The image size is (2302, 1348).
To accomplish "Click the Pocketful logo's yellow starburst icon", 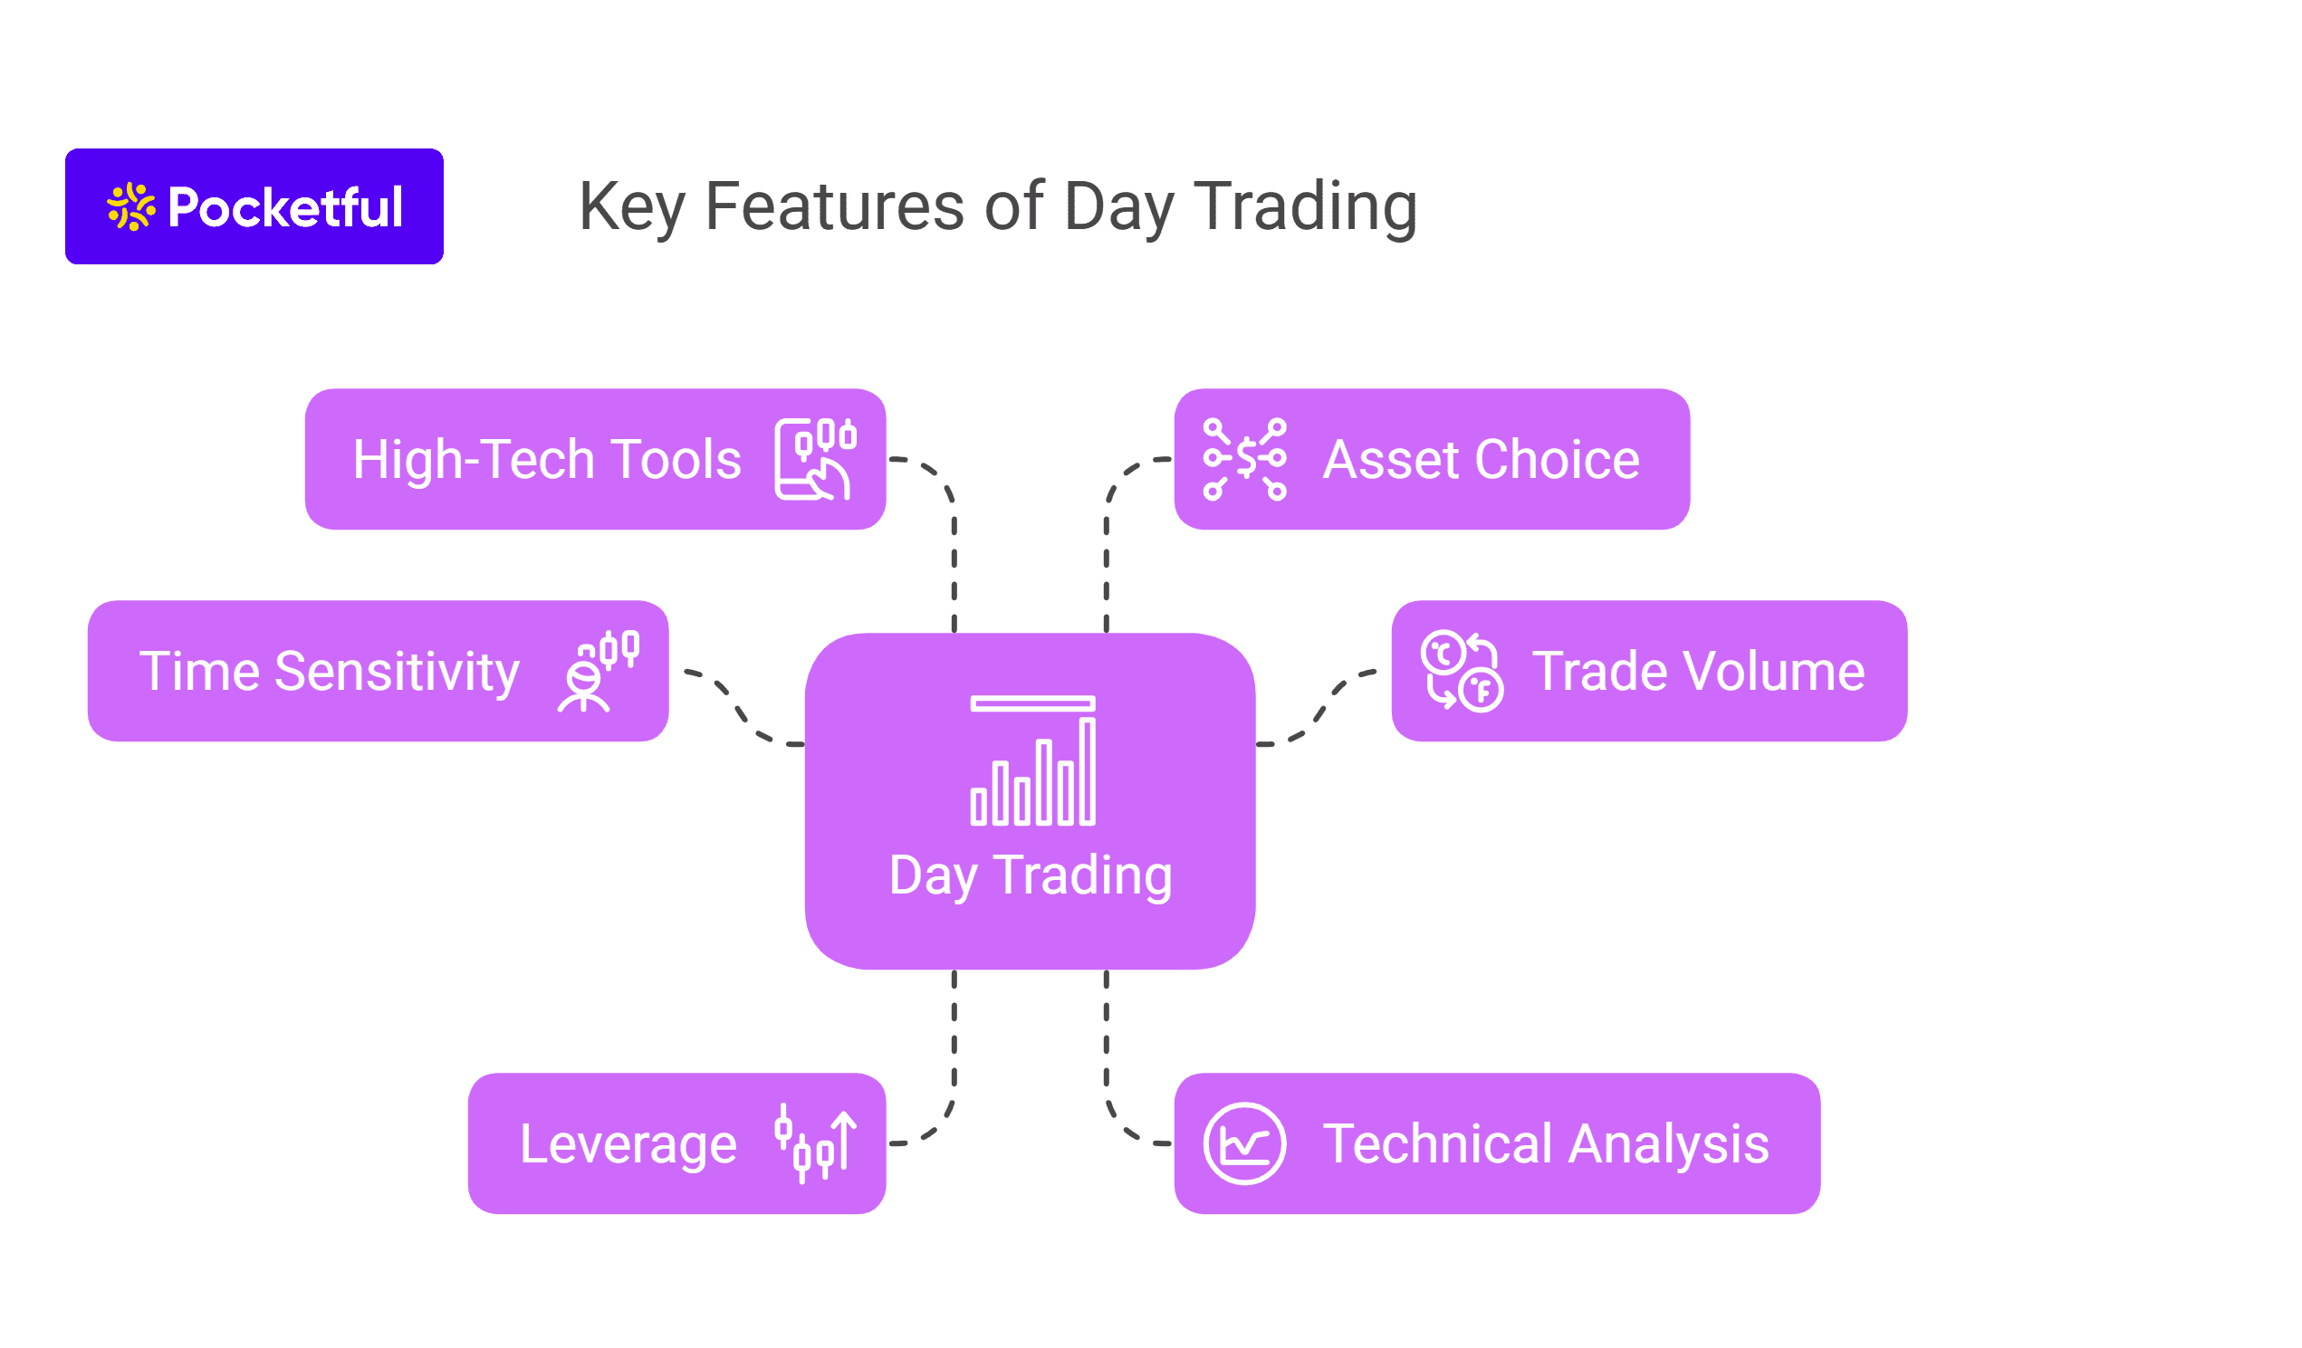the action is [x=131, y=207].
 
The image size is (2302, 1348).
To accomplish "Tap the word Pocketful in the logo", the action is [x=286, y=207].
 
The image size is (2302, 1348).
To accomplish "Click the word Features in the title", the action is [x=835, y=206].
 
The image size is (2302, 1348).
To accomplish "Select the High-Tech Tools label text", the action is [x=546, y=459].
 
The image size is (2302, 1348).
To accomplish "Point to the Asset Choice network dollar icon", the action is [x=1245, y=459].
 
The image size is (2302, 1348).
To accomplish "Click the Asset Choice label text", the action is [x=1481, y=459].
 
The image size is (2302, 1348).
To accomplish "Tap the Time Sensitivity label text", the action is [x=330, y=672].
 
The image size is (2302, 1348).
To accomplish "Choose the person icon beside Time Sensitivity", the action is [x=599, y=671].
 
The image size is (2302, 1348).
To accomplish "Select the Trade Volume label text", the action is [x=1698, y=671].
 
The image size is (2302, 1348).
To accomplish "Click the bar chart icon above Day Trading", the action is [x=1033, y=761].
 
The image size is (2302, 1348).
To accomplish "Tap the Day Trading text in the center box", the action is [x=1031, y=875].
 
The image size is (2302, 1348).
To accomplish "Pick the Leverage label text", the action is [x=628, y=1144].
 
